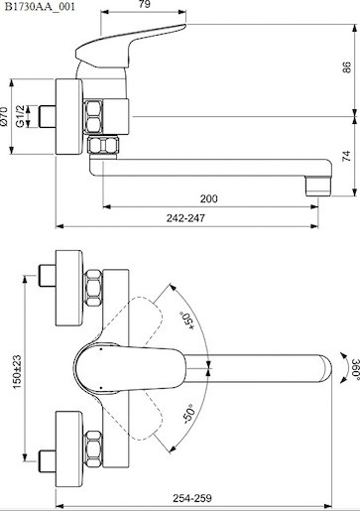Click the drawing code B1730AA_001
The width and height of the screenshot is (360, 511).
coord(40,7)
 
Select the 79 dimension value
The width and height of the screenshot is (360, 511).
coord(145,4)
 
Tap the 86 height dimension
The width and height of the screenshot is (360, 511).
coord(346,67)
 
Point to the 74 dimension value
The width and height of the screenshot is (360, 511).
coord(346,156)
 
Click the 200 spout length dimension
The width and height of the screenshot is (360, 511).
coord(209,198)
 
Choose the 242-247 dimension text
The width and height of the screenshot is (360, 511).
coord(185,218)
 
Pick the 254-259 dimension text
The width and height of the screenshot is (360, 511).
coord(192,498)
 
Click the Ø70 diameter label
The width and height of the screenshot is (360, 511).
coord(4,116)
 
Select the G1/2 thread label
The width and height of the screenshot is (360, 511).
coord(21,116)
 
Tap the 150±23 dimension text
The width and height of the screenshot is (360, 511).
coord(17,371)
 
